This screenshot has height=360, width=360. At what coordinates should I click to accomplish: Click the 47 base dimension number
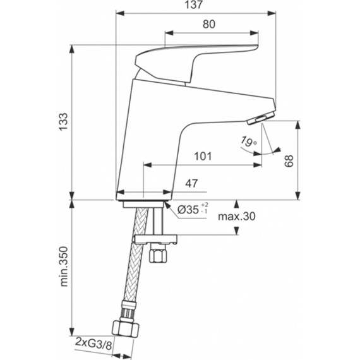pyautogui.click(x=192, y=184)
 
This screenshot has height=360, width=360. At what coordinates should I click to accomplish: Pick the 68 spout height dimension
pyautogui.click(x=289, y=161)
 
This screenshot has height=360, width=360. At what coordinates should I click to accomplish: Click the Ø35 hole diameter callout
pyautogui.click(x=188, y=209)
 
